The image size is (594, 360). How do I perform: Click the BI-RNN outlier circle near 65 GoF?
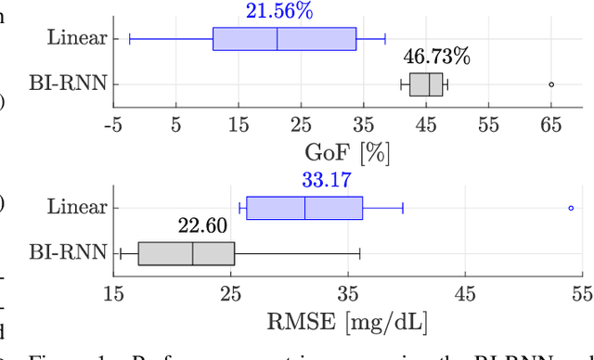click(551, 84)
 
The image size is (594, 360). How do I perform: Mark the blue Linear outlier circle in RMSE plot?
click(571, 208)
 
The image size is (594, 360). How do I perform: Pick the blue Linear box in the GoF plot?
click(284, 38)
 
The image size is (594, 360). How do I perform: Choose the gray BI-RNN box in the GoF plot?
click(426, 84)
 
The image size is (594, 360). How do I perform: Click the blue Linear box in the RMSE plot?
click(304, 208)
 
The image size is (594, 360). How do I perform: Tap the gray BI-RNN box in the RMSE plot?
click(186, 252)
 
